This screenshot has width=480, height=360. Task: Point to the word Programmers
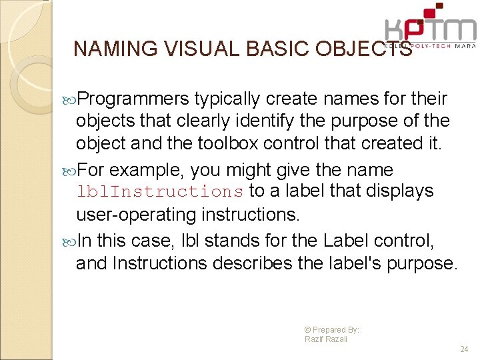click(x=133, y=99)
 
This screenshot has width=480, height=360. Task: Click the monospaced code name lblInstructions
click(x=160, y=192)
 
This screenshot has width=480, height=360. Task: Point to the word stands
click(x=227, y=241)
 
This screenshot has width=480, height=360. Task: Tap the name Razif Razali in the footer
click(x=326, y=339)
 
